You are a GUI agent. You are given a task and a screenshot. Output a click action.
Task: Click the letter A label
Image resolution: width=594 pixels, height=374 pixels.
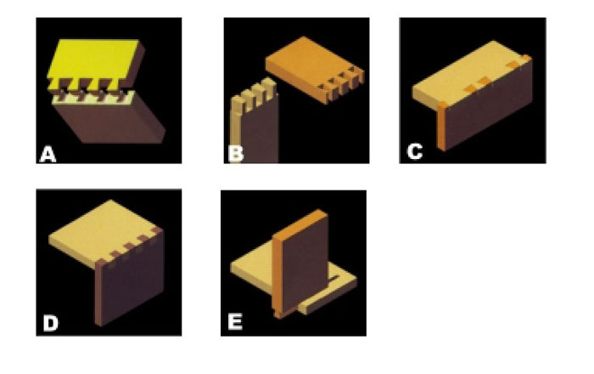point(48,155)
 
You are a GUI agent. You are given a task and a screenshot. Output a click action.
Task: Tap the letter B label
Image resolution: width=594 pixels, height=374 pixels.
point(236,154)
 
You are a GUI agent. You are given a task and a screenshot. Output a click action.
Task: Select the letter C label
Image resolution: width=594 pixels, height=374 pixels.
point(414,151)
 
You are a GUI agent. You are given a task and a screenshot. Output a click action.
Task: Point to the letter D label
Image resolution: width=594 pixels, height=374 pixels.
point(51,324)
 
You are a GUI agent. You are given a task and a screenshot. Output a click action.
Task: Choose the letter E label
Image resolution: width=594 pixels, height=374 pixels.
point(235,321)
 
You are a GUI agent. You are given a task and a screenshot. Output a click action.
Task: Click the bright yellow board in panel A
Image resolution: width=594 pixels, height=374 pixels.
point(92,60)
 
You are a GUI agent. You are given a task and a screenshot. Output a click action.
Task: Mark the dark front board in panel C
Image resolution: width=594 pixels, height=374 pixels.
point(489,106)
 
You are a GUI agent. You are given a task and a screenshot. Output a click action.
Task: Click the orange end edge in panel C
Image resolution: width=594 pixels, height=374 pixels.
point(441,126)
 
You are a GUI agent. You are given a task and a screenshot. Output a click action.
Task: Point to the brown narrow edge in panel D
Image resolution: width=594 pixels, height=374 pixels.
point(99,292)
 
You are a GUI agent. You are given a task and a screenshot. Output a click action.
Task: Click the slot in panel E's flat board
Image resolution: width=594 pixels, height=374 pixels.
point(333,279)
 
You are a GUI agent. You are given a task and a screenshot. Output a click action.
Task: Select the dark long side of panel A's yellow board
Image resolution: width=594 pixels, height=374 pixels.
point(134,66)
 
